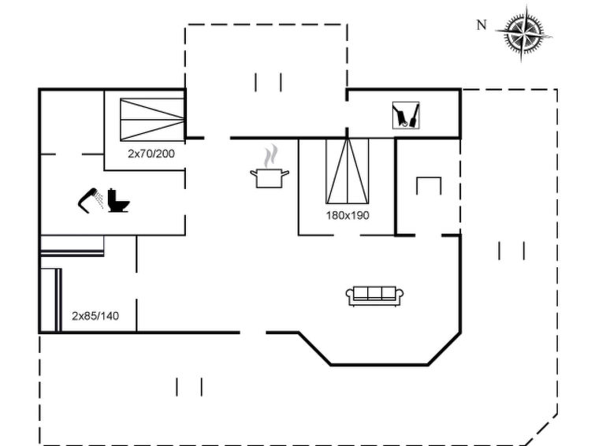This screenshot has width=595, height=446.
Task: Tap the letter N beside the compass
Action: tap(481, 25)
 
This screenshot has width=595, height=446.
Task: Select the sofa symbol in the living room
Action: tap(375, 295)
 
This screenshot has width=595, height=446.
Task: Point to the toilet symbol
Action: tap(119, 201)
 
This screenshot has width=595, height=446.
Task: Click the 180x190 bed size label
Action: tap(348, 214)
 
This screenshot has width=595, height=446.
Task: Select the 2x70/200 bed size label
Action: tap(151, 153)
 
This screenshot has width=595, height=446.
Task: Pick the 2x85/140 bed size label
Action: tap(95, 316)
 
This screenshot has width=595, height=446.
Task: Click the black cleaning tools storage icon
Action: tap(406, 115)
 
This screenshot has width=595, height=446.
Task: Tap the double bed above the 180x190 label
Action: tap(348, 172)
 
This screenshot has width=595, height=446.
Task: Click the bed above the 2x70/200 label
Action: tap(152, 119)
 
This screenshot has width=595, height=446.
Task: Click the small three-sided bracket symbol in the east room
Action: tap(428, 186)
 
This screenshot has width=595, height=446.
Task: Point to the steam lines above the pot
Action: tap(271, 154)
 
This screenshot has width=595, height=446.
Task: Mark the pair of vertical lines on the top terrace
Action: tap(269, 82)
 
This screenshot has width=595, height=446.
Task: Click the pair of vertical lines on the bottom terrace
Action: tap(189, 386)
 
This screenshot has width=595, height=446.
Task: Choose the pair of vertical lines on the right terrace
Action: tap(512, 251)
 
